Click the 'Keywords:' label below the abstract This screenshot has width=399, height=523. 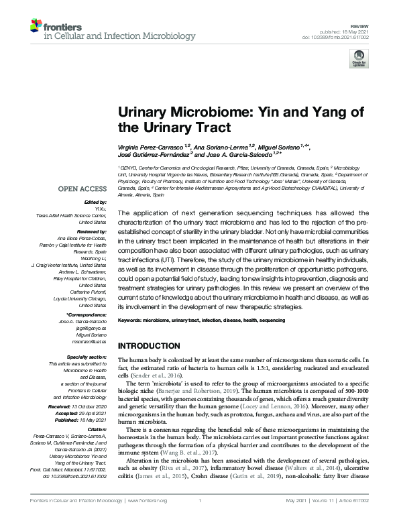[x=130, y=321]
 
